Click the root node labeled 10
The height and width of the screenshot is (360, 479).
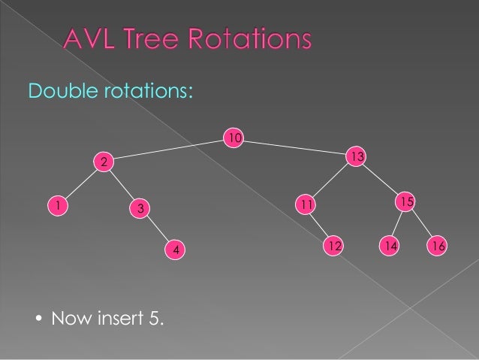tap(235, 138)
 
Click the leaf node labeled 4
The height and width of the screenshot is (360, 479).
tap(175, 249)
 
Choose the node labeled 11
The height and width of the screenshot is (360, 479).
tap(305, 204)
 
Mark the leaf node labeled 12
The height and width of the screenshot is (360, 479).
tap(334, 245)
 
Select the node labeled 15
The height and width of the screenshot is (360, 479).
tap(405, 201)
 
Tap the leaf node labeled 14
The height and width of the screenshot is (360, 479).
tap(389, 246)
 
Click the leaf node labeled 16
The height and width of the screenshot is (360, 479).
tap(438, 246)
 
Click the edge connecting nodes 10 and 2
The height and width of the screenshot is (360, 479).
tap(169, 150)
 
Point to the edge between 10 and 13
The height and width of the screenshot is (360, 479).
tap(296, 147)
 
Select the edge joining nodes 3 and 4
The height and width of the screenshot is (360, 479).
tap(157, 228)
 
